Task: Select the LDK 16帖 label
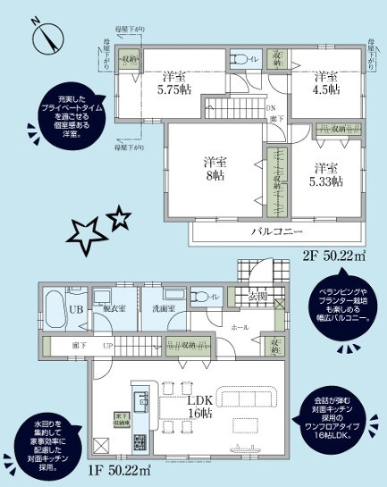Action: [198, 407]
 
